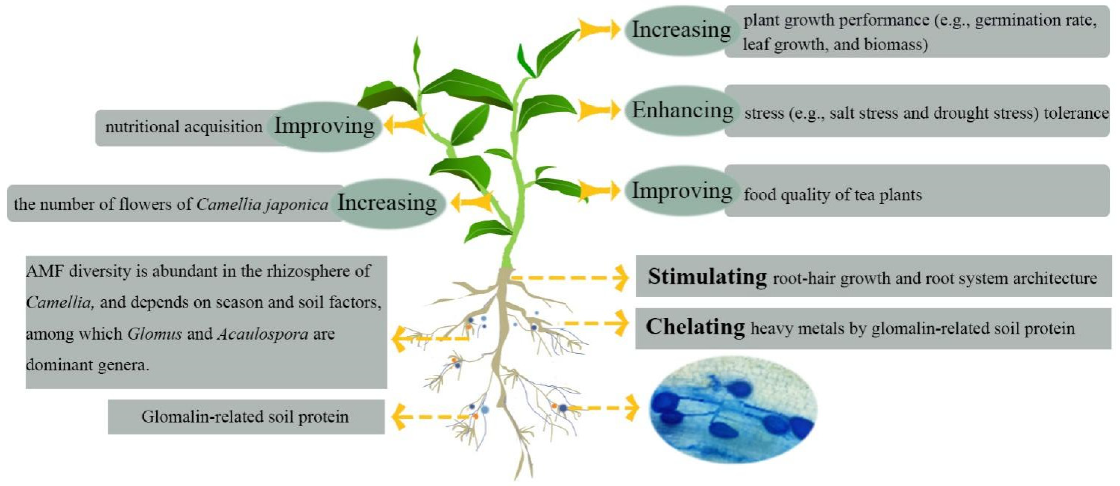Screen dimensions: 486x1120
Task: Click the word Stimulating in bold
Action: click(x=707, y=277)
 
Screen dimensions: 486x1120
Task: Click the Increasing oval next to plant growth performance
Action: click(x=681, y=30)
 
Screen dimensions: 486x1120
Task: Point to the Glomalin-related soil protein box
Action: click(x=246, y=417)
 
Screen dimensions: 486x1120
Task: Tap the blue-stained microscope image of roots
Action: click(x=733, y=409)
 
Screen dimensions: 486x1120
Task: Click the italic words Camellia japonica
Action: click(x=262, y=204)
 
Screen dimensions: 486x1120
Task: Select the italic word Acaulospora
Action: click(x=263, y=334)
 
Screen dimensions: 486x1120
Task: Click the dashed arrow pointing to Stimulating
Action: click(x=569, y=277)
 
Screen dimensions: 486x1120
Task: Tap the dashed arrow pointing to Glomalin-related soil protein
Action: click(x=431, y=416)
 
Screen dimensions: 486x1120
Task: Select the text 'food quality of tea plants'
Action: click(x=833, y=195)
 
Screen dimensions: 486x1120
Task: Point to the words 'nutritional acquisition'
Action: click(x=184, y=127)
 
